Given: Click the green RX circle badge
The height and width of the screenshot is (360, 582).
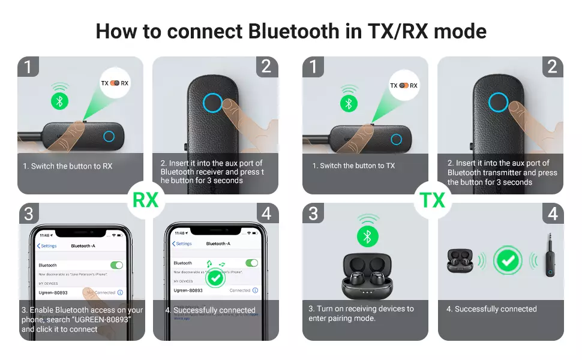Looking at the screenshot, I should [x=145, y=199].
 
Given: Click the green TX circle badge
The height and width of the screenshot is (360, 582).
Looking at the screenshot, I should [x=432, y=199].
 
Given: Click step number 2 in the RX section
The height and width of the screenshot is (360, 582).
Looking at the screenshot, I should [x=266, y=67].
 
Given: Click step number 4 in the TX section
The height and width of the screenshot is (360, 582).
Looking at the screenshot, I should [x=553, y=214].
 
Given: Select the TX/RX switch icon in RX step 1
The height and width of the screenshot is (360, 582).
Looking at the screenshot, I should [x=115, y=83].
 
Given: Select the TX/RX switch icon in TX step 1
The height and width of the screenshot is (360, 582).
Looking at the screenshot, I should [x=404, y=85].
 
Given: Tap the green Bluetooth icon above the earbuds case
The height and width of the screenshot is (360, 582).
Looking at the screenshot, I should [x=368, y=236].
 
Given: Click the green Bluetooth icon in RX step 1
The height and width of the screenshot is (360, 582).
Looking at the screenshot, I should [x=59, y=101].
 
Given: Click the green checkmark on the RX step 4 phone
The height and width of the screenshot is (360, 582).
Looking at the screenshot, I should [x=215, y=279].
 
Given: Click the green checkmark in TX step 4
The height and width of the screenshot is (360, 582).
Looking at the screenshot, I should [x=508, y=261].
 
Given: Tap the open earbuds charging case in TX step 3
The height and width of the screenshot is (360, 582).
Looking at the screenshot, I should [x=367, y=276].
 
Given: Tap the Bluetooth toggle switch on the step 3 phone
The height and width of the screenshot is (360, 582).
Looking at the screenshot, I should [x=116, y=265].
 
